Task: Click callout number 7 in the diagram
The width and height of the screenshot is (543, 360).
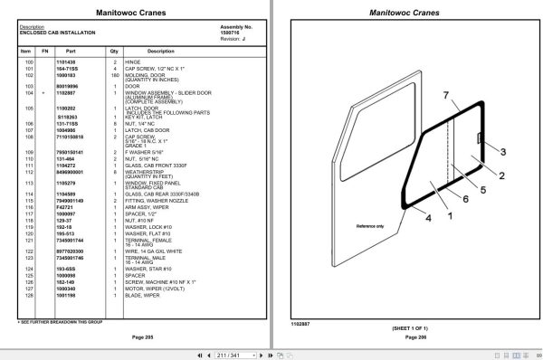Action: coord(444,95)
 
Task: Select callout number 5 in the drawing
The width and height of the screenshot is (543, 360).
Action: coord(482,190)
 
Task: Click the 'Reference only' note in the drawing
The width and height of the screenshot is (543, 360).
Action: coord(370,225)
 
